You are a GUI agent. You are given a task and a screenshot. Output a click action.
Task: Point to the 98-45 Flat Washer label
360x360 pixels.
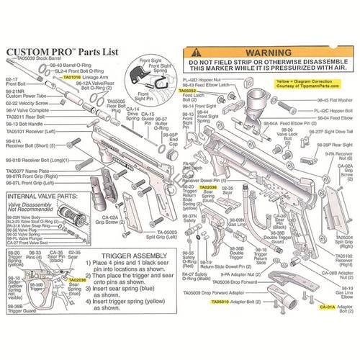(336, 100)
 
